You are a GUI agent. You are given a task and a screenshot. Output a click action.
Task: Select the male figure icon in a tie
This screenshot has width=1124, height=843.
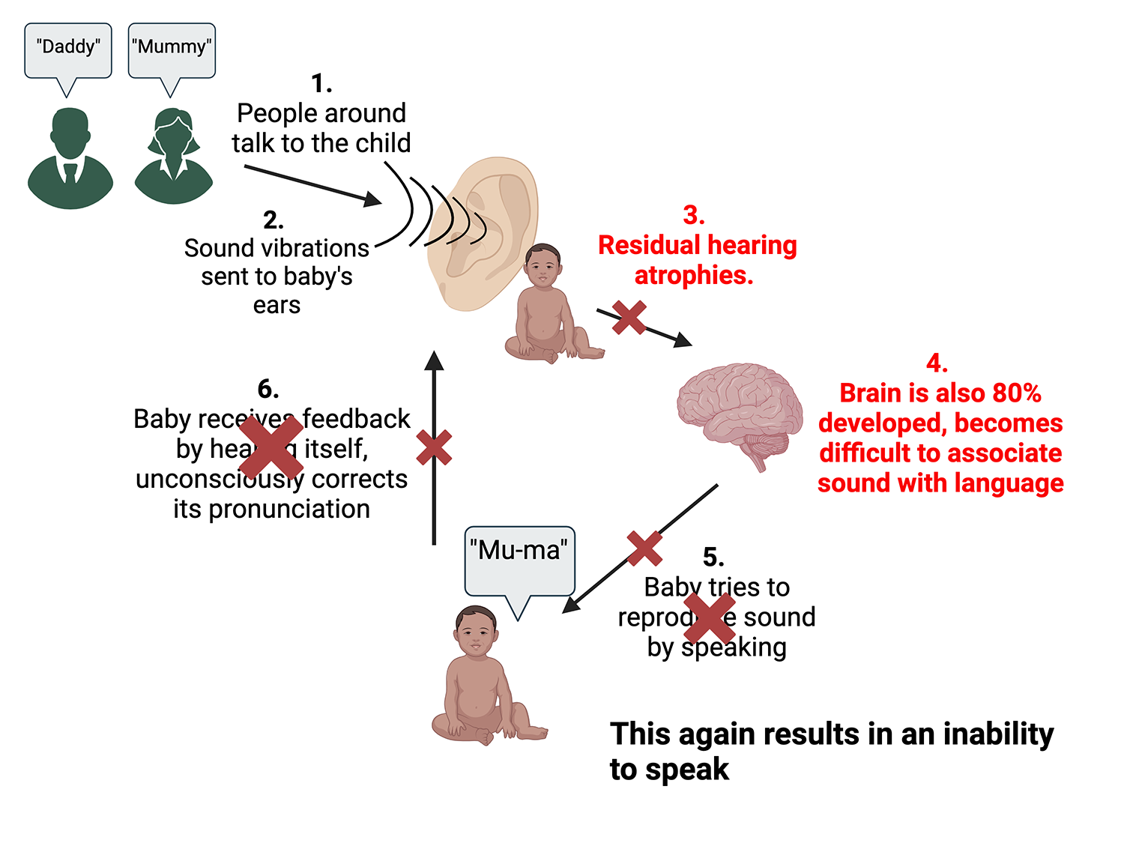click(x=70, y=159)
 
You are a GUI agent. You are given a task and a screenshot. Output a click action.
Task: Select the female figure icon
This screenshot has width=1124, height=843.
click(x=173, y=157)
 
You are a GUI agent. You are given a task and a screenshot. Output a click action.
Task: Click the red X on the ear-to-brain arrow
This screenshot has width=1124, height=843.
click(x=629, y=318)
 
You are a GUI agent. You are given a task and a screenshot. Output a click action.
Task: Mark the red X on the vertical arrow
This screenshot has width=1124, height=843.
click(x=434, y=447)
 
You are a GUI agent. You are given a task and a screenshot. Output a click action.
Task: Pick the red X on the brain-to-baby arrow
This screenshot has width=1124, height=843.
click(x=644, y=549)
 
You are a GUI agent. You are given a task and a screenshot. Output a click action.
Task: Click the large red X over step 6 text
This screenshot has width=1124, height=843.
click(x=271, y=447)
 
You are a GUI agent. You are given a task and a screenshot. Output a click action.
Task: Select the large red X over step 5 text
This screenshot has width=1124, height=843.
click(x=710, y=618)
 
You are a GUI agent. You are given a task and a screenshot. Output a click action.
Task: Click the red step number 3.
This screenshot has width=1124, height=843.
click(x=693, y=216)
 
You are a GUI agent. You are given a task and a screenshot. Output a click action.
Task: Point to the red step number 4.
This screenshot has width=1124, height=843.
click(x=937, y=363)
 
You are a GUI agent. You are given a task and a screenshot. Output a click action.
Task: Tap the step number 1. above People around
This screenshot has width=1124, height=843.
click(x=321, y=83)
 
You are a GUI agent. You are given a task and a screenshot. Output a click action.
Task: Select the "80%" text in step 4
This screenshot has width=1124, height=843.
click(x=1016, y=393)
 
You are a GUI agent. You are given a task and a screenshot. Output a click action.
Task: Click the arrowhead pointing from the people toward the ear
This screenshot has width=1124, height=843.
click(x=372, y=199)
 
